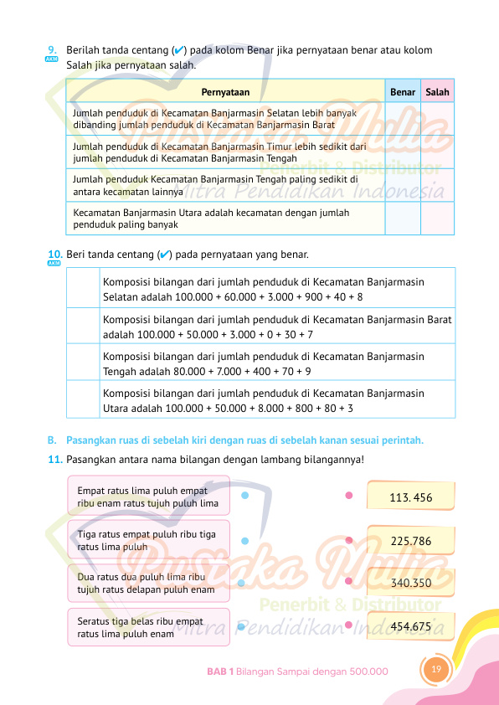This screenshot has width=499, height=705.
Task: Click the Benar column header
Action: pyautogui.click(x=403, y=92)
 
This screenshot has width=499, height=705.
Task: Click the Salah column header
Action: pyautogui.click(x=437, y=92)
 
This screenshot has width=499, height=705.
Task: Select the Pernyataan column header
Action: pyautogui.click(x=225, y=92)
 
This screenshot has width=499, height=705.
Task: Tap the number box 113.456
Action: pyautogui.click(x=411, y=497)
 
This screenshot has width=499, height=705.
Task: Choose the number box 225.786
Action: pyautogui.click(x=411, y=541)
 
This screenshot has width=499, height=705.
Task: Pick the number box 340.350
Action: pyautogui.click(x=411, y=583)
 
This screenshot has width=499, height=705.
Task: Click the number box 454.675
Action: pyautogui.click(x=411, y=625)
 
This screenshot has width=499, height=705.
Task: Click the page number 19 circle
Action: pyautogui.click(x=435, y=668)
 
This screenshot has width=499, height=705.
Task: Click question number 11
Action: pyautogui.click(x=55, y=459)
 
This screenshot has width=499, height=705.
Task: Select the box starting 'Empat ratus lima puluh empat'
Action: pyautogui.click(x=147, y=496)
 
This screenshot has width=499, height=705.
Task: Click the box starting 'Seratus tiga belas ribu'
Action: pyautogui.click(x=147, y=628)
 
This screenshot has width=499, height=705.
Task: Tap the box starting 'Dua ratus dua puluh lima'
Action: pyautogui.click(x=147, y=584)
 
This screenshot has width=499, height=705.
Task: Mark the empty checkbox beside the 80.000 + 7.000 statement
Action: pyautogui.click(x=83, y=362)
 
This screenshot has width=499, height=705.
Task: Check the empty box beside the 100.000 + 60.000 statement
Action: pyautogui.click(x=83, y=288)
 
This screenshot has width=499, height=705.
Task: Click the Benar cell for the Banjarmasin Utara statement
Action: pyautogui.click(x=403, y=219)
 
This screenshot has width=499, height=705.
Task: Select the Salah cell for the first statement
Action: pyautogui.click(x=437, y=119)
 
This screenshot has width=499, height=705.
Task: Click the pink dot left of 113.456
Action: pyautogui.click(x=348, y=495)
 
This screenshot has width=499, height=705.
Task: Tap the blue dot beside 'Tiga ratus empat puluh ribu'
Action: pyautogui.click(x=244, y=541)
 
